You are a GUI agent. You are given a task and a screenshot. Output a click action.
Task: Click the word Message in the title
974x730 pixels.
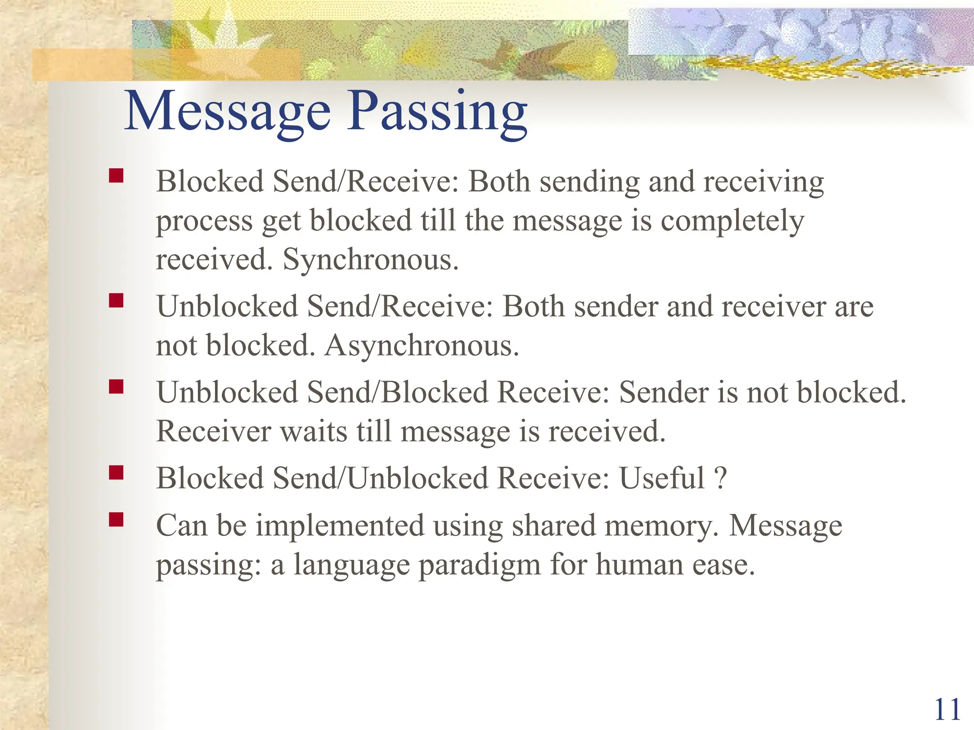click(x=227, y=112)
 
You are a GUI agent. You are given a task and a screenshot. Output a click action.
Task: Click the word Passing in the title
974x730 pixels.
click(x=437, y=112)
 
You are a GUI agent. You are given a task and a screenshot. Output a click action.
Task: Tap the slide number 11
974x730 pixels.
click(x=947, y=710)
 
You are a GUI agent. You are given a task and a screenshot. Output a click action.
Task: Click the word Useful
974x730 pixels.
click(x=662, y=478)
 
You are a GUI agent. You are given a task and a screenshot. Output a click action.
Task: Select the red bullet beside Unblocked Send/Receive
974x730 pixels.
click(x=116, y=300)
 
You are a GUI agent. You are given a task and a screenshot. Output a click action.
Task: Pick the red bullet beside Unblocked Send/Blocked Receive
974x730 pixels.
click(x=116, y=386)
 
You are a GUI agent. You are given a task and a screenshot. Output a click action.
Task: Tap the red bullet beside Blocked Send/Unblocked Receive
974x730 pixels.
click(x=116, y=472)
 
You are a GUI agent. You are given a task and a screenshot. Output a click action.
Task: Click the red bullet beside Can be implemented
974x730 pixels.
click(x=116, y=519)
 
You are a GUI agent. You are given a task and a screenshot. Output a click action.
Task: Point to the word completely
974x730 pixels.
click(x=732, y=221)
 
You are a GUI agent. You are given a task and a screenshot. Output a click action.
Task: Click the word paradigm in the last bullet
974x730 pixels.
click(x=479, y=566)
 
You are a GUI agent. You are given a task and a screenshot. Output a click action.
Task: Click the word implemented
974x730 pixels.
click(x=340, y=527)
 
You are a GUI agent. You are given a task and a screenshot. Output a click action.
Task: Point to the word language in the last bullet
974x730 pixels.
click(x=351, y=566)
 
